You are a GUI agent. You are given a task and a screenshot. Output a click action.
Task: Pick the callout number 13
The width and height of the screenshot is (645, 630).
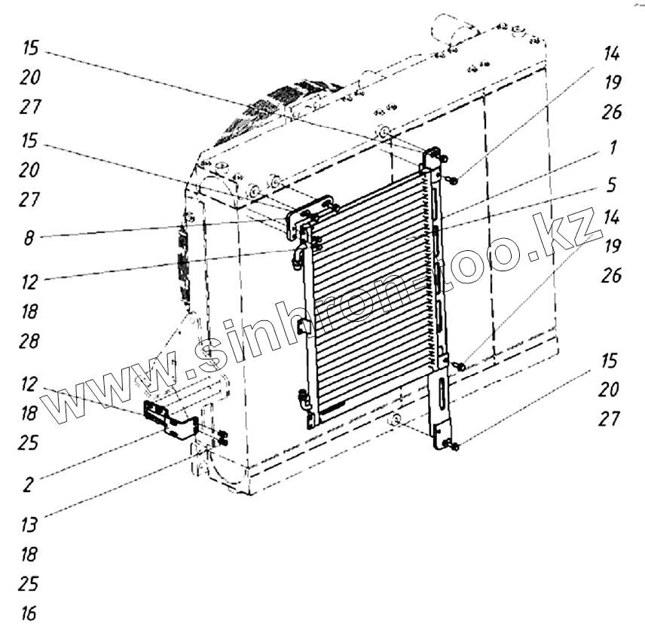click(29, 523)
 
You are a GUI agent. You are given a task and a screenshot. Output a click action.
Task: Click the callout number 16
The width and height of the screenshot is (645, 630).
click(29, 613)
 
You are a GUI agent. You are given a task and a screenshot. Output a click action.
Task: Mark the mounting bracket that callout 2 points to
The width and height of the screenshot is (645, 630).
click(170, 419)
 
